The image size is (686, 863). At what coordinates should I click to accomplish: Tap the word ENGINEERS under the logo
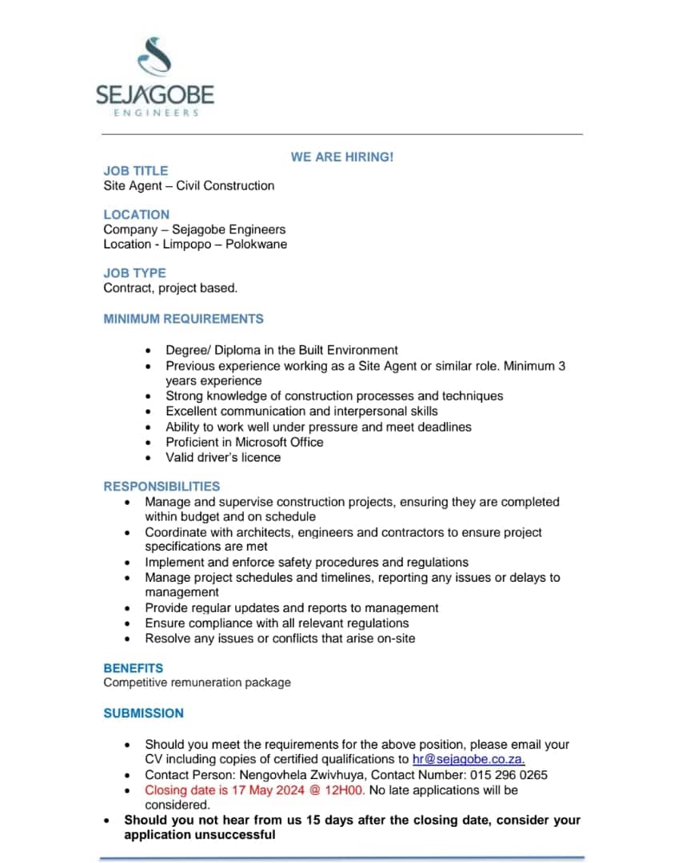155,113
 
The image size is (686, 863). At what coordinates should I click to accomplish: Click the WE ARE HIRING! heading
342,157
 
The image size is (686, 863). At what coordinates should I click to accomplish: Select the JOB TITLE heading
136,171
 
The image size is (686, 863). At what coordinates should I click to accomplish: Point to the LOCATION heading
137,214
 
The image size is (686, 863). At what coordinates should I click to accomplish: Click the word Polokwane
256,245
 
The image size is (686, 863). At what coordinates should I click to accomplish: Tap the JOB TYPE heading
135,273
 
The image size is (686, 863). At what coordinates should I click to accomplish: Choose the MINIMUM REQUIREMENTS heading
183,319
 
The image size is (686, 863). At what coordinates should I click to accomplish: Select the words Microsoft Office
279,442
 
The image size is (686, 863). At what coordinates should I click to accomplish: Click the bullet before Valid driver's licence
148,458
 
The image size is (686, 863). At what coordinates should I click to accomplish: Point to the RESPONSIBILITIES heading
162,486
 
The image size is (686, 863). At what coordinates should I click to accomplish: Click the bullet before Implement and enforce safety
128,563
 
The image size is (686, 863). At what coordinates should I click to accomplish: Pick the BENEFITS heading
134,668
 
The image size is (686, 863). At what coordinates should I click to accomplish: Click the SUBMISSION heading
144,713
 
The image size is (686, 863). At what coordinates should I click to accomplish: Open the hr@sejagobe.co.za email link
469,759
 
